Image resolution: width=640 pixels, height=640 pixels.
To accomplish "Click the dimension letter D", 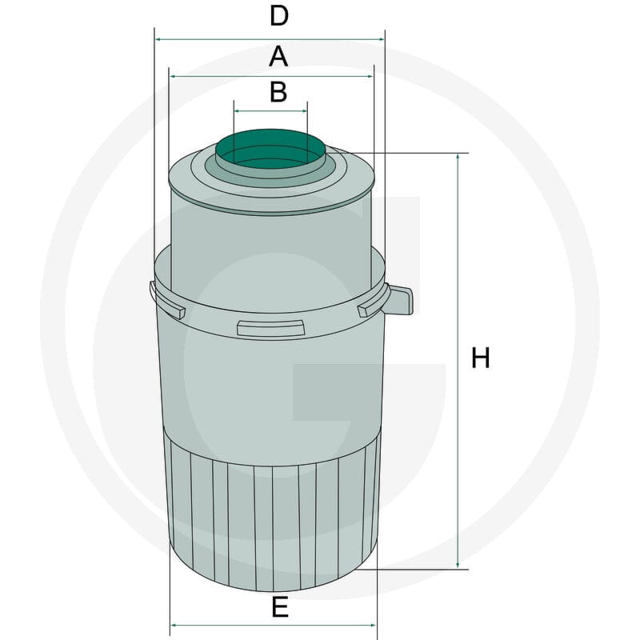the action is click(x=279, y=16).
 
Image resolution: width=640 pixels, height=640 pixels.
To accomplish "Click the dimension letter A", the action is click(x=278, y=56).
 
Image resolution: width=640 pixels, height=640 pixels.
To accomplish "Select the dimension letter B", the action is click(x=278, y=92).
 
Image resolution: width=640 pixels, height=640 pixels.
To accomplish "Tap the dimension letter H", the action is click(x=481, y=358).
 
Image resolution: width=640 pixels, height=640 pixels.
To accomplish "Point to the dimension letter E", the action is click(x=280, y=607).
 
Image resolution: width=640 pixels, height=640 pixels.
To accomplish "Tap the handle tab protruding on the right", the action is click(x=401, y=300).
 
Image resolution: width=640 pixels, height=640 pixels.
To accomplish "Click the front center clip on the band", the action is click(x=270, y=329).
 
